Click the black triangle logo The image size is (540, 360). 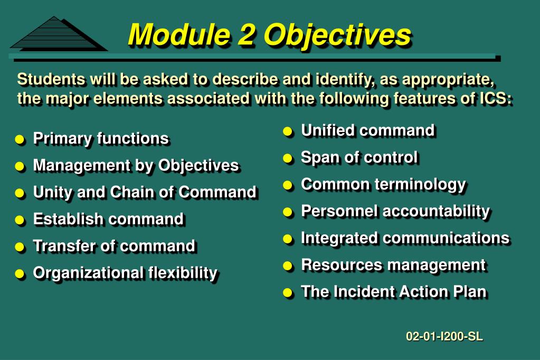coord(59,34)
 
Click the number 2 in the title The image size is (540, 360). coord(246,34)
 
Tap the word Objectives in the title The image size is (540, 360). coord(337,36)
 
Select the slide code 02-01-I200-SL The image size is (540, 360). coord(444,336)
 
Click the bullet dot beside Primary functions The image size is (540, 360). coord(20,139)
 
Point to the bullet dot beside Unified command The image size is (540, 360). coord(288,131)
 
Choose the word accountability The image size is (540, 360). coord(436,212)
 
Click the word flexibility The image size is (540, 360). coord(183,273)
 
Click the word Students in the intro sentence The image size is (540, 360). coord(51,79)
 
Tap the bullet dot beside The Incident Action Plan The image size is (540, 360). coord(288,293)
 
